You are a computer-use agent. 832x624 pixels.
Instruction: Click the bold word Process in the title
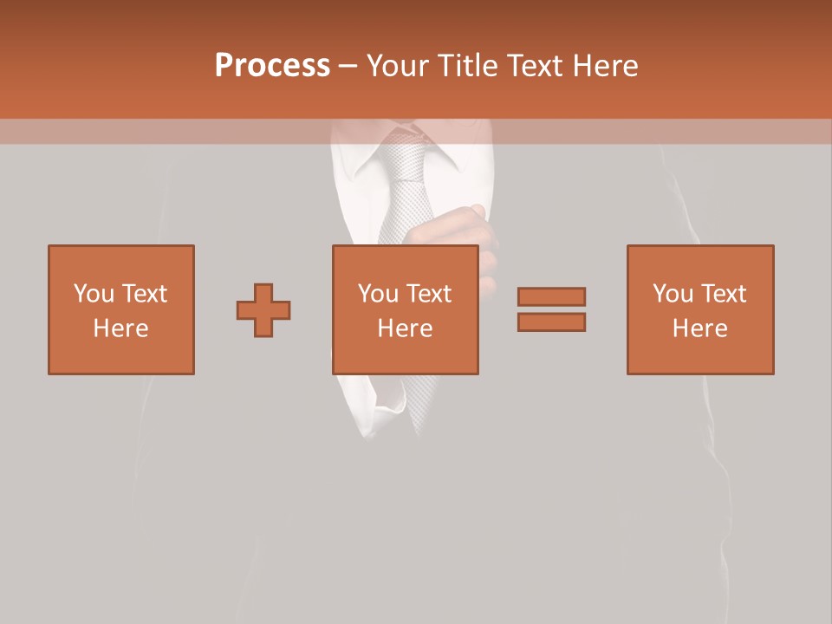pyautogui.click(x=272, y=66)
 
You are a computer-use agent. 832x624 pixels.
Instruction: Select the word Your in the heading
pyautogui.click(x=399, y=66)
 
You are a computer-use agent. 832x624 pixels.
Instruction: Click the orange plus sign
pyautogui.click(x=263, y=310)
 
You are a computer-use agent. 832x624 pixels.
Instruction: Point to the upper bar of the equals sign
pyautogui.click(x=551, y=296)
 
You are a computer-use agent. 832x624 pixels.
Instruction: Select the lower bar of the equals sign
pyautogui.click(x=551, y=322)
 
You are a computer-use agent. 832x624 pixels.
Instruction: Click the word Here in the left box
pyautogui.click(x=121, y=328)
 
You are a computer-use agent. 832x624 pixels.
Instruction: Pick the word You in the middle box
pyautogui.click(x=378, y=294)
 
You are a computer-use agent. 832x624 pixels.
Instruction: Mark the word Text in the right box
pyautogui.click(x=723, y=294)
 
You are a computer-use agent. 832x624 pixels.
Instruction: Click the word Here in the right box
pyautogui.click(x=700, y=328)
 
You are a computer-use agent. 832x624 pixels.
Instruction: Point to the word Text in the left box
pyautogui.click(x=144, y=294)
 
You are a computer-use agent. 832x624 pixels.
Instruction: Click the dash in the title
pyautogui.click(x=348, y=66)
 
